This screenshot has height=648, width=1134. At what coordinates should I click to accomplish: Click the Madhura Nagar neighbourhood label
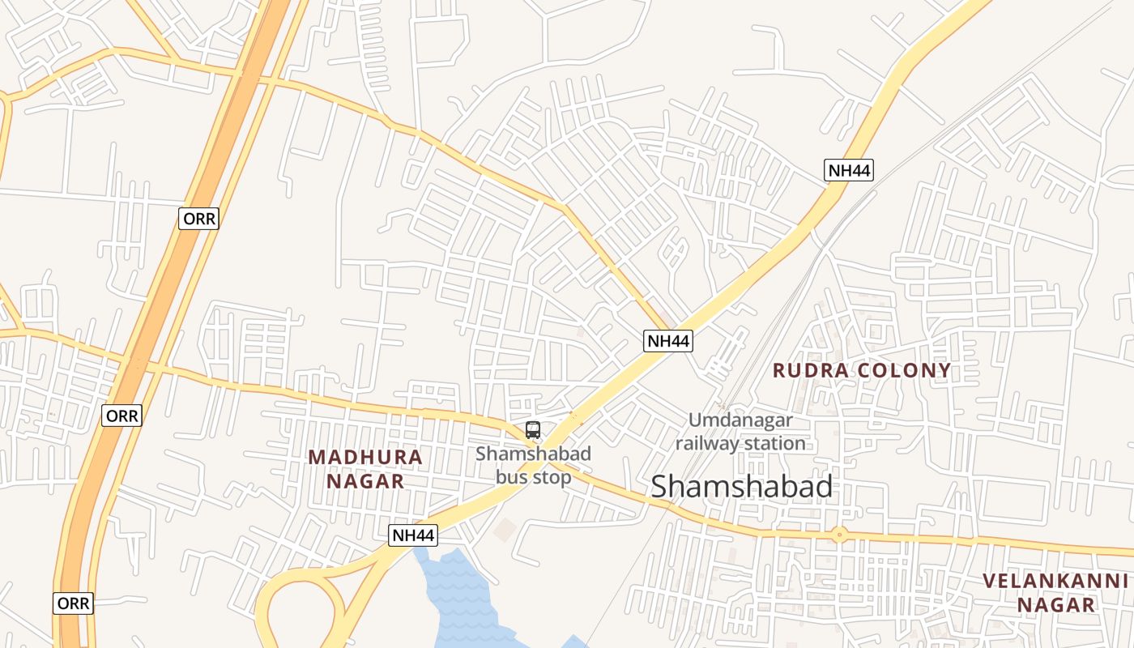pyautogui.click(x=365, y=468)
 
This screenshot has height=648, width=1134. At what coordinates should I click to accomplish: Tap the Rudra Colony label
pyautogui.click(x=862, y=371)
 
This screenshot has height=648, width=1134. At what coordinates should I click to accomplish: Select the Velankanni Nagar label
pyautogui.click(x=1055, y=592)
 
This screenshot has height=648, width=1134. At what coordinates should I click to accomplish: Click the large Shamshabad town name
pyautogui.click(x=741, y=486)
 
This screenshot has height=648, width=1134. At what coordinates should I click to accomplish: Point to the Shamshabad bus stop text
pyautogui.click(x=533, y=465)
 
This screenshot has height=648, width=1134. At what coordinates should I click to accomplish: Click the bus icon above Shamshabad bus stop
pyautogui.click(x=532, y=430)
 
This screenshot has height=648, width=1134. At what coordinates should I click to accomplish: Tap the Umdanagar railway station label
pyautogui.click(x=740, y=431)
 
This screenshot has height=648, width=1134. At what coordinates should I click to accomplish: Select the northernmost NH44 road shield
pyautogui.click(x=849, y=170)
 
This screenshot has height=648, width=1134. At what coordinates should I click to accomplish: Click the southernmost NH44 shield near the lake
pyautogui.click(x=413, y=535)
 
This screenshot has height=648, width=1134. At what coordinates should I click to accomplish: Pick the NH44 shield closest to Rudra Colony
pyautogui.click(x=668, y=341)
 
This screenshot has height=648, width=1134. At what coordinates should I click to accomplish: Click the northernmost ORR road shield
pyautogui.click(x=198, y=219)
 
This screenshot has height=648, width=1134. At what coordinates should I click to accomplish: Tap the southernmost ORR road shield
pyautogui.click(x=73, y=603)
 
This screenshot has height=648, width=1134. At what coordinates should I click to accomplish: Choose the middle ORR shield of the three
pyautogui.click(x=122, y=416)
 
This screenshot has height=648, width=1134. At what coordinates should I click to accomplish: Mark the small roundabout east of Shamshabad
pyautogui.click(x=839, y=535)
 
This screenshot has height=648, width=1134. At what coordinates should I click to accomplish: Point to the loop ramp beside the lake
pyautogui.click(x=300, y=603)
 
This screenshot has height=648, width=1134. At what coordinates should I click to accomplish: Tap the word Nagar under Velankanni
pyautogui.click(x=1055, y=605)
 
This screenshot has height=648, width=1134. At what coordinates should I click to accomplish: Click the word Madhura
pyautogui.click(x=365, y=457)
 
